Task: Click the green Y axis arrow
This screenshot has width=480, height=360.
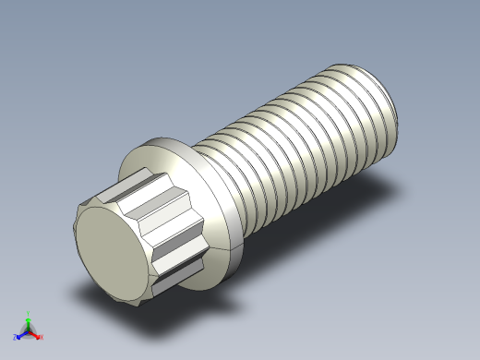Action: coord(28,321)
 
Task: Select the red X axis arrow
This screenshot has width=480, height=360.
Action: coord(36,335)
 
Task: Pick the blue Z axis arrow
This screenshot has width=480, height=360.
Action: coord(20,335)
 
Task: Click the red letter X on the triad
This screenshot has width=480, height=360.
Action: coord(42,338)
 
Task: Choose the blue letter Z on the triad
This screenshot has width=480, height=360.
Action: coord(15,338)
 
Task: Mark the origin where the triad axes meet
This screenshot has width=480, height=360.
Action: coord(28,331)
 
